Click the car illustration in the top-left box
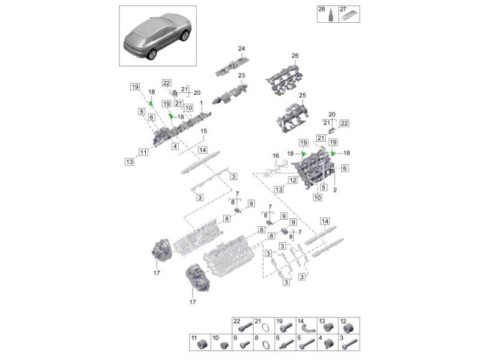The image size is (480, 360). click(157, 36)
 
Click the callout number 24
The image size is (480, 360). click(242, 49)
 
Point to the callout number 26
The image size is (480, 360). click(295, 56)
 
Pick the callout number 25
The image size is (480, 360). click(302, 95)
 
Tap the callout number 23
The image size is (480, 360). click(242, 76)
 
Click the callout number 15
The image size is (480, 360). click(203, 131)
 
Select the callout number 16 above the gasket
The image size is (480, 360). click(276, 156)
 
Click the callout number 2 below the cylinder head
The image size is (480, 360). click(335, 190)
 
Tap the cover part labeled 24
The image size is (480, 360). click(233, 66)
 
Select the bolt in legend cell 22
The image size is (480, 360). click(245, 326)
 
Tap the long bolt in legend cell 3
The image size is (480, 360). click(350, 344)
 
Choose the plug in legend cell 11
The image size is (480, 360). click(202, 344)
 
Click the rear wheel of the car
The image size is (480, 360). click(152, 54)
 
